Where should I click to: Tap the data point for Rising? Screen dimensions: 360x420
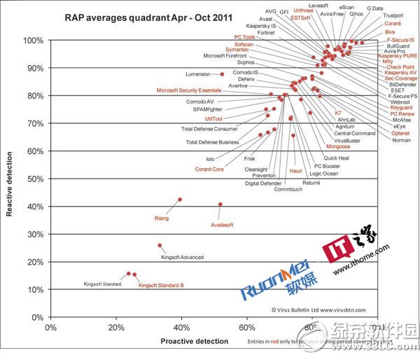coord(180,200)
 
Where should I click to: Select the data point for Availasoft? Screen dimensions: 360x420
coord(220,205)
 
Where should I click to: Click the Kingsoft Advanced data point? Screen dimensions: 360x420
coord(160,246)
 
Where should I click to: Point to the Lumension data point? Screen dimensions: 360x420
coord(222,74)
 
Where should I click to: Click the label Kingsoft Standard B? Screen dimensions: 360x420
coord(161,285)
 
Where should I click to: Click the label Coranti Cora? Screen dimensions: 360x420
coord(209,169)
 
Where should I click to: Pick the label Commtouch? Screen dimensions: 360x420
coord(288,190)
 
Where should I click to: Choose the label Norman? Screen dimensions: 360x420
coord(402,140)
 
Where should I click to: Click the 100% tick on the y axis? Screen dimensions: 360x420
coord(31,41)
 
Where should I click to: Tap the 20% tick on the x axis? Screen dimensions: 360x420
coord(116,327)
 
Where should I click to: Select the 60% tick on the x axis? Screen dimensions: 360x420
coord(247,327)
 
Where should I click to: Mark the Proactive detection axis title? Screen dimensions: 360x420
coord(195,341)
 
